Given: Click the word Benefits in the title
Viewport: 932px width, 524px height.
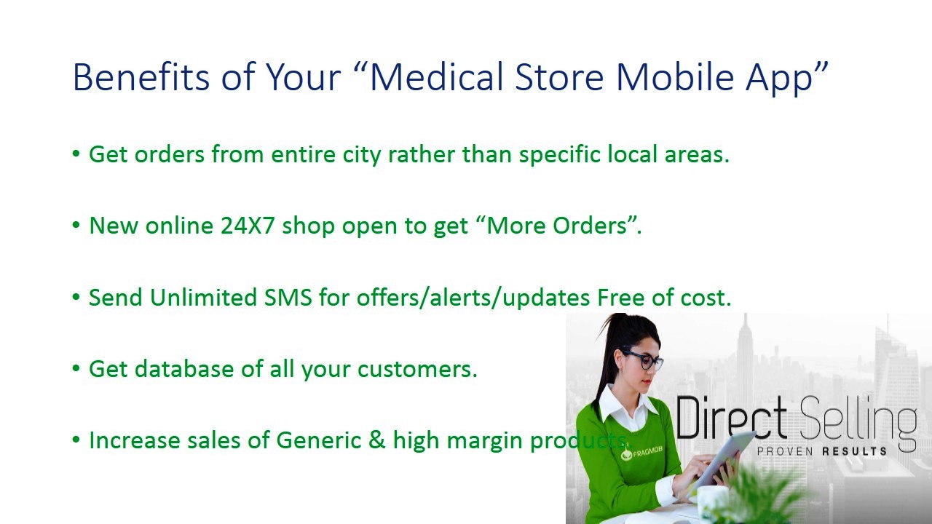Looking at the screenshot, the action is coord(141,76).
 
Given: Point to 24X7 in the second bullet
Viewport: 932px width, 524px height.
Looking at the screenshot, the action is coord(248,226).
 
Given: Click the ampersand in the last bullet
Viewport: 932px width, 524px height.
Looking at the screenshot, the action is coord(376,440).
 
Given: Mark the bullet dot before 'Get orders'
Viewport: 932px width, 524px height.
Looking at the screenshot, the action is coord(76,154).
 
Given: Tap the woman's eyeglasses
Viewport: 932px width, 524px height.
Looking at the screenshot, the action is coord(644,360).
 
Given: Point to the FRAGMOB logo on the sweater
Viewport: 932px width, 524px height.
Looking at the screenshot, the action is coord(641,453).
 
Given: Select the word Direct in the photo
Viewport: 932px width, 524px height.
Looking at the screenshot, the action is coord(732,418).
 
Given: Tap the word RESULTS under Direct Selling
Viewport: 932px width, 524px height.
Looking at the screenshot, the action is coord(854,451).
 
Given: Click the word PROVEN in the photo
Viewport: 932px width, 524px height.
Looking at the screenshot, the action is coord(785,451).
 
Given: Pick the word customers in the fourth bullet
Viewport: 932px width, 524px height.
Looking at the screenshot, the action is coord(417,369).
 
